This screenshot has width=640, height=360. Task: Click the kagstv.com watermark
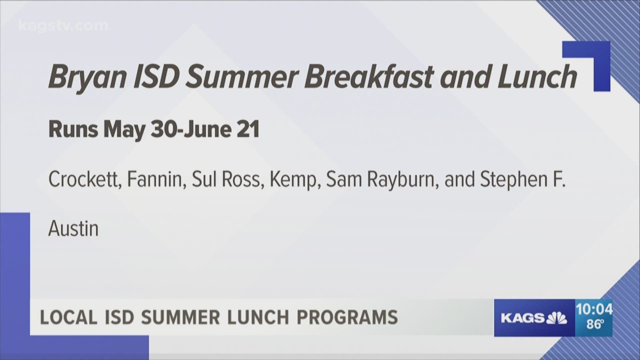point(63,26)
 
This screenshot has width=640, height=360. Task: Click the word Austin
point(74,229)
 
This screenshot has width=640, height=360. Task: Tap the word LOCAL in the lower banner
point(69,317)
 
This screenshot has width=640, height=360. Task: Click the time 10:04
point(594,310)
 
